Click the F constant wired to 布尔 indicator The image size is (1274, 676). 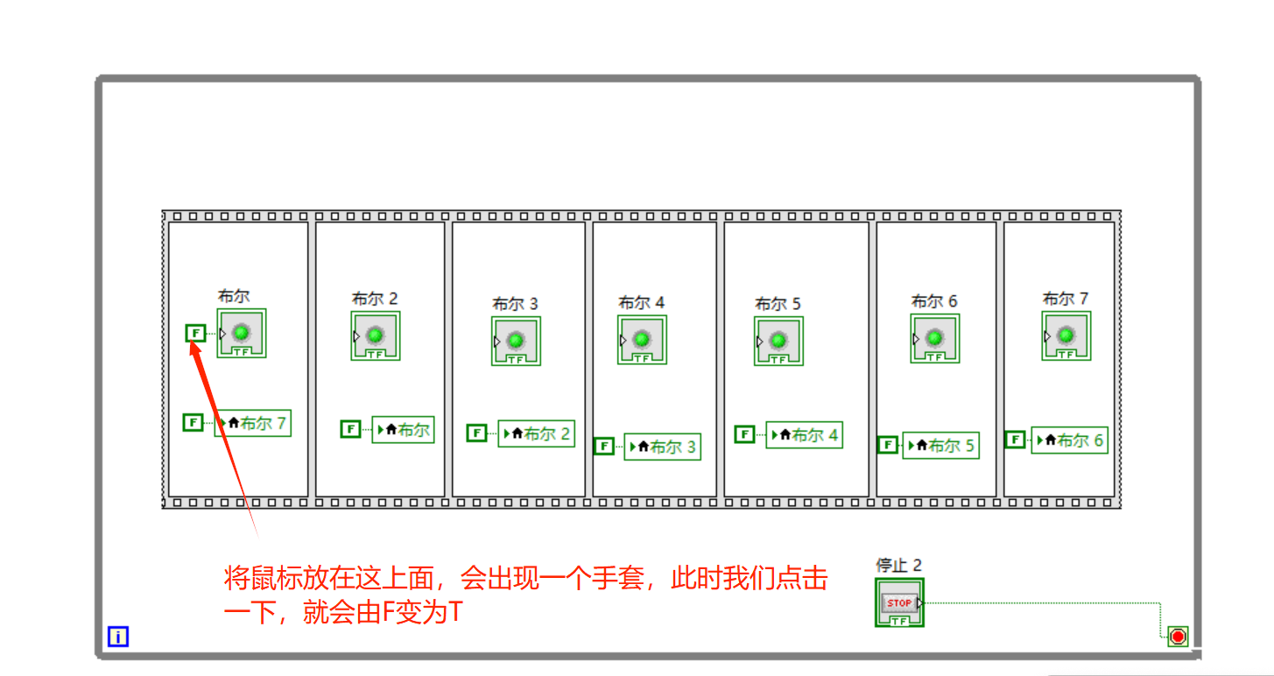[x=195, y=333]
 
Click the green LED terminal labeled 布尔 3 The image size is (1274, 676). [x=516, y=341]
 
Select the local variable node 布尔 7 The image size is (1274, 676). [x=252, y=424]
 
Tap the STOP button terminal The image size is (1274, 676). [x=899, y=602]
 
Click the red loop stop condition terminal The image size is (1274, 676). [x=1178, y=637]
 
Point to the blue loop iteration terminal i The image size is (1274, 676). [x=118, y=637]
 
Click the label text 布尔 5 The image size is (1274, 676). [x=778, y=304]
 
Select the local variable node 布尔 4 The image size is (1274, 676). [x=804, y=434]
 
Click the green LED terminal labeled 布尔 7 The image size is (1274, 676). [x=1066, y=335]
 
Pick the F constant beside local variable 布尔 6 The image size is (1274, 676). [x=1015, y=440]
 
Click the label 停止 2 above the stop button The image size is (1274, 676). [x=898, y=565]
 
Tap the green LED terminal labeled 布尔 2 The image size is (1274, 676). [x=375, y=335]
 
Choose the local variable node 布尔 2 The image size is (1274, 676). [x=536, y=433]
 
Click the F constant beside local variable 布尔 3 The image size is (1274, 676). [x=603, y=447]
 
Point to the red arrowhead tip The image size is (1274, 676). [x=194, y=344]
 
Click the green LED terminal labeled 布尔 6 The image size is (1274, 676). [x=934, y=338]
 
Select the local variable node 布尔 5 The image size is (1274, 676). [x=940, y=445]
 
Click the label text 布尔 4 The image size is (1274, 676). [x=641, y=302]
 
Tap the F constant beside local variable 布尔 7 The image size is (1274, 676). [x=193, y=422]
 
